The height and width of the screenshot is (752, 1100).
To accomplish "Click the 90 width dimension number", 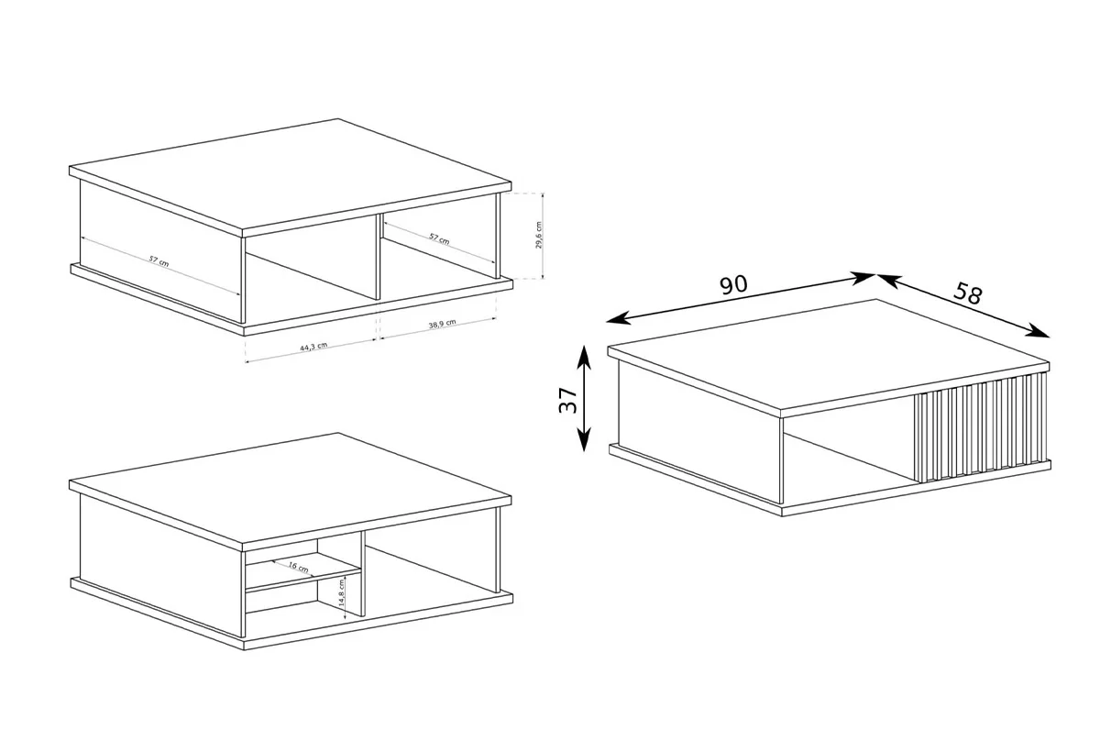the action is pos(733,285).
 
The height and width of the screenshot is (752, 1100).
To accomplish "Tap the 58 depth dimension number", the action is pos(968,293).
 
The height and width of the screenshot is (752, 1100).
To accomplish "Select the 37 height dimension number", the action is pos(568,401).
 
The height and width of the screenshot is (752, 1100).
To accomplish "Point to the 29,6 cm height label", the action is pos(539,235).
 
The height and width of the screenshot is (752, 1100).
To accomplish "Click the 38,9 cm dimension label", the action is pos(442,324).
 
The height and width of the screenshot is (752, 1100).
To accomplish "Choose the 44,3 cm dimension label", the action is pos(313,347).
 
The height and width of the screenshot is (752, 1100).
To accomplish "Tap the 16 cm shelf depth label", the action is pos(298,567).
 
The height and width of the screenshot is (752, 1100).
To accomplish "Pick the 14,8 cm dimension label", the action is pos(342,592).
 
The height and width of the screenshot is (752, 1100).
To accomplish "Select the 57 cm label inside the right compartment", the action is pos(439,238).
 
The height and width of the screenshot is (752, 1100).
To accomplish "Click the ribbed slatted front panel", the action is pos(980,426).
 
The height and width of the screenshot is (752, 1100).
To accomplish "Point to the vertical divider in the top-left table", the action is pos(378,257).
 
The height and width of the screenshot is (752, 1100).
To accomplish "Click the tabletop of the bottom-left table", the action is pos(291,489).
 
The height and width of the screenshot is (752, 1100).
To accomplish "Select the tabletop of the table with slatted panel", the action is pos(829,355).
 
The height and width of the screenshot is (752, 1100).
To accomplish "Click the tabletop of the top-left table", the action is pos(291,175).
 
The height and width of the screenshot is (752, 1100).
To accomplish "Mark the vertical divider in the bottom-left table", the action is pos(363,574).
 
